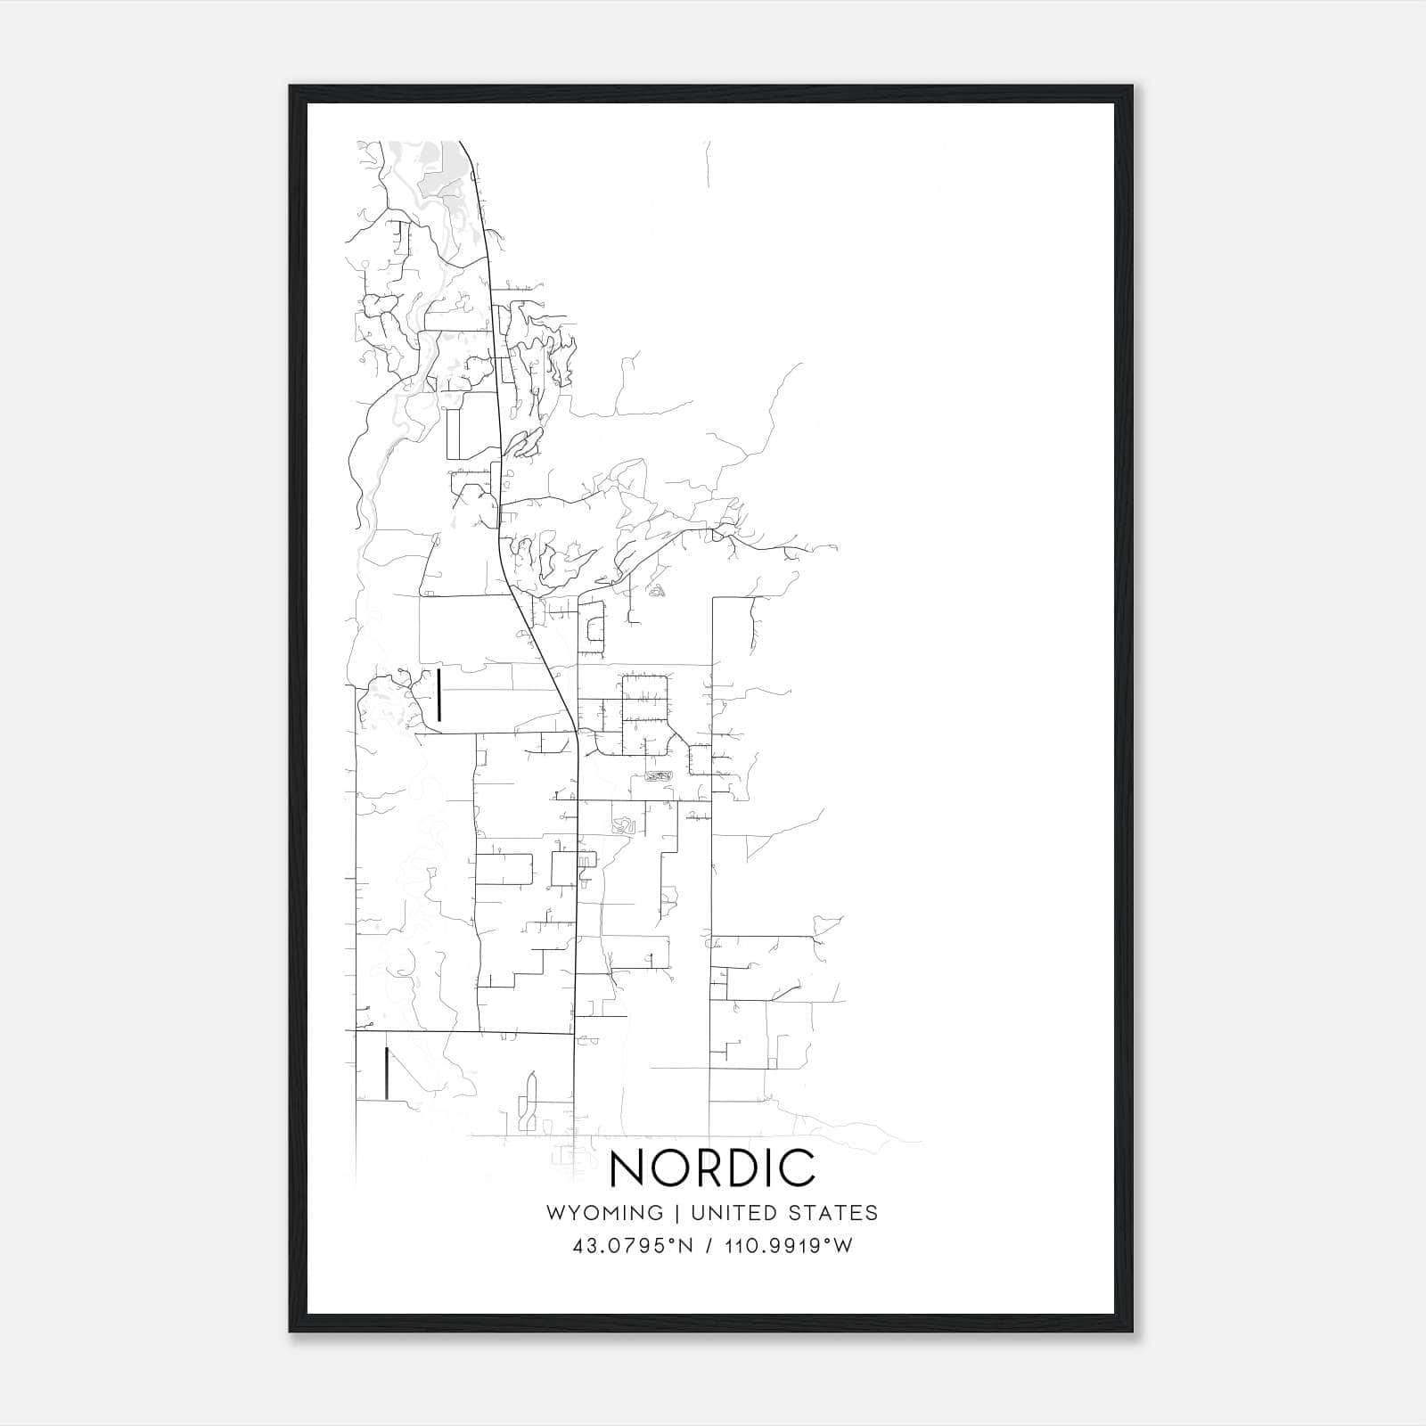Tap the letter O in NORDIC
point(670,1168)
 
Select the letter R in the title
point(710,1168)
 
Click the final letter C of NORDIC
point(800,1168)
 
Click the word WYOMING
point(604,1213)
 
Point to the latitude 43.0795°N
point(633,1246)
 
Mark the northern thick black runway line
point(439,695)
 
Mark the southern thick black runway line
point(386,1073)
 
